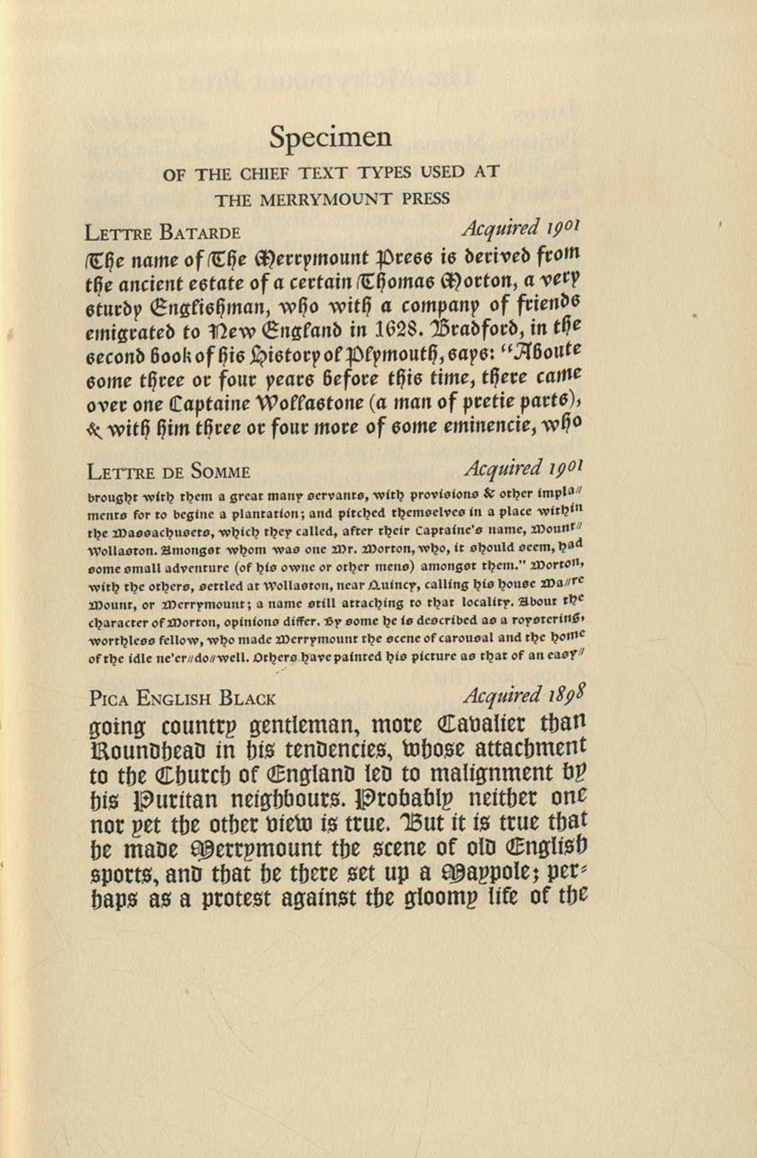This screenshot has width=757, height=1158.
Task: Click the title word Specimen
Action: pyautogui.click(x=331, y=138)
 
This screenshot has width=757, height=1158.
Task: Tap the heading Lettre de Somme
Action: pyautogui.click(x=169, y=472)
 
